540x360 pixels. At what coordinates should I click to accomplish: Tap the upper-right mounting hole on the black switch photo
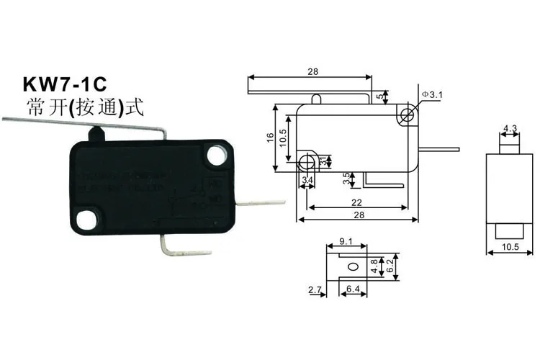[215, 154]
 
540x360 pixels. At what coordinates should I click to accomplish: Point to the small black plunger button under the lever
[94, 133]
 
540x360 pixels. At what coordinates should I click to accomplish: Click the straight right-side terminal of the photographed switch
[261, 203]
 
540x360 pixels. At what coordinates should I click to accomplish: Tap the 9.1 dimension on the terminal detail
[344, 243]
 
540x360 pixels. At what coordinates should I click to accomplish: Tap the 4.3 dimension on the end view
[510, 129]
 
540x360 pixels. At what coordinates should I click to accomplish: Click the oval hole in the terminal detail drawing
[351, 266]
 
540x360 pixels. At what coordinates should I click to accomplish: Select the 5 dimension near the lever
[379, 96]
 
